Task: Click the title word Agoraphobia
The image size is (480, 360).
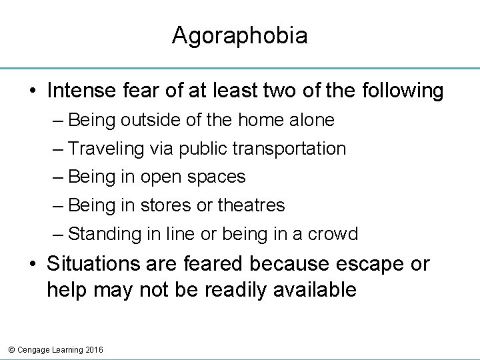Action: click(x=239, y=35)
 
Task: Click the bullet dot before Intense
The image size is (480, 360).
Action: click(x=33, y=91)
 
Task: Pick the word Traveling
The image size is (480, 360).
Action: click(x=106, y=149)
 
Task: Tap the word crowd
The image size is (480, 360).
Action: click(x=335, y=234)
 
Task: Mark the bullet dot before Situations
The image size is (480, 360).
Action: click(x=33, y=265)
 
